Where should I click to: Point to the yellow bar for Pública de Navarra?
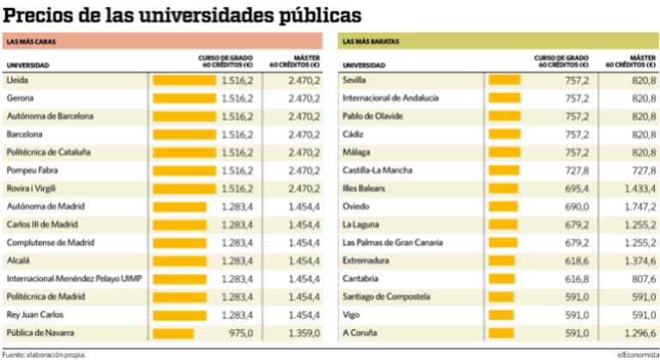173,333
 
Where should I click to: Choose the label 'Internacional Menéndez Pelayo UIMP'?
74,278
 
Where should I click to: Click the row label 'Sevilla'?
354,80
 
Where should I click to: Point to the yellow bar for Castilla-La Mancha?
504,170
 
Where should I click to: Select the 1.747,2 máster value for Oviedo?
639,206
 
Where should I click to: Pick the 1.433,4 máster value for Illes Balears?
639,188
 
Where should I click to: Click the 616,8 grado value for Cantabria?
575,278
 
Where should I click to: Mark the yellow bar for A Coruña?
501,333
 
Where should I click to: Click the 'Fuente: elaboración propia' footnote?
43,354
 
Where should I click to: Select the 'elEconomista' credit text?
637,354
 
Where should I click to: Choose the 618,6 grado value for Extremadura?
575,260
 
